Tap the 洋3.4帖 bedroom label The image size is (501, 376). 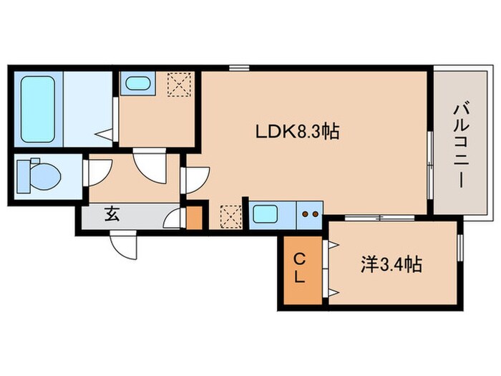(389, 265)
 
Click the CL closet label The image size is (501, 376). (300, 266)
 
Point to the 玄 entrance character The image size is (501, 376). (113, 214)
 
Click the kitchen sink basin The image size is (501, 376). (267, 213)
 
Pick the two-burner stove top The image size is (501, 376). (310, 213)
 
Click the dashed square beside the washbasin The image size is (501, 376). (177, 85)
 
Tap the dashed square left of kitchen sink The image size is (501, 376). (230, 214)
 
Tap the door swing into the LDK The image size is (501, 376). (195, 180)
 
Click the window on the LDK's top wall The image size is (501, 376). (239, 69)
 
